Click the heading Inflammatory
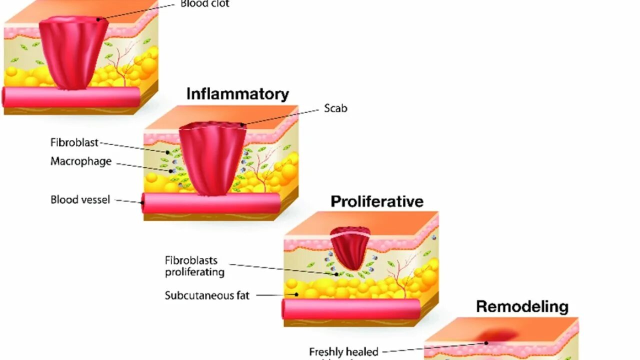point(237,94)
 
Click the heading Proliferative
point(377,201)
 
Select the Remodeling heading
point(522,306)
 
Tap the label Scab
point(335,108)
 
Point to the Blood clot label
point(205,4)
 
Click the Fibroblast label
point(74,142)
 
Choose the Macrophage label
point(81,162)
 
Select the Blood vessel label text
point(80,200)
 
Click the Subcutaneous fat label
point(207,295)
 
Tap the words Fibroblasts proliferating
point(194,266)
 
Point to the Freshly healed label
point(343,352)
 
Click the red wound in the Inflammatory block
point(212,157)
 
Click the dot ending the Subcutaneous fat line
point(297,295)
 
